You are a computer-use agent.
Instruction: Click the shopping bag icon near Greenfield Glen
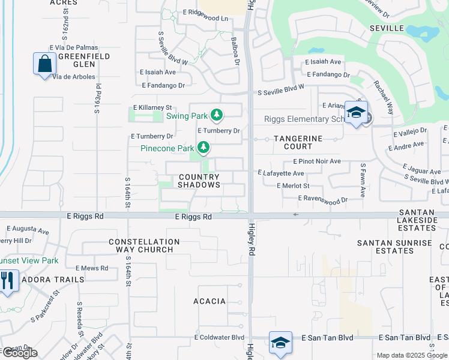(x=45, y=64)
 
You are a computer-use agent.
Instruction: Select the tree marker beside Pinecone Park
(x=204, y=147)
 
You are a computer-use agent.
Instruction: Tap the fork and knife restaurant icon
(x=7, y=280)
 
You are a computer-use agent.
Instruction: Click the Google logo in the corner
(x=19, y=353)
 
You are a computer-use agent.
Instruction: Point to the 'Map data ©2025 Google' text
(x=412, y=355)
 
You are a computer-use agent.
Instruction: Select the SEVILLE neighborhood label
(x=387, y=28)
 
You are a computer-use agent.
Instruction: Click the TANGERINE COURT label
(x=298, y=143)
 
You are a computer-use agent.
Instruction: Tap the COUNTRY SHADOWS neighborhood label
(x=199, y=181)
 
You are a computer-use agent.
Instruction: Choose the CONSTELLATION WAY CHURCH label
(x=144, y=245)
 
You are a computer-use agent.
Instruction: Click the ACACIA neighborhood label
(x=209, y=301)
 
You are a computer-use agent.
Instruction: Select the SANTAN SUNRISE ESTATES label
(x=394, y=247)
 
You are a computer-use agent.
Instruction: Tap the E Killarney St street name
(x=152, y=107)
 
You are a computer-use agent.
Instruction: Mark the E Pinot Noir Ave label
(x=317, y=161)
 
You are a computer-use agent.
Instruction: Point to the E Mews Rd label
(x=92, y=268)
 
